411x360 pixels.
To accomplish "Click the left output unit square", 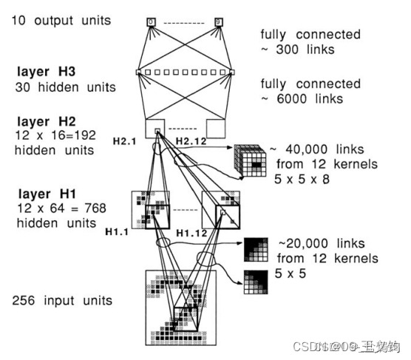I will [x=151, y=21].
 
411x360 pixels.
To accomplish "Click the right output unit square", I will [x=219, y=21].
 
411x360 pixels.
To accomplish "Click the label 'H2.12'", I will [x=191, y=139].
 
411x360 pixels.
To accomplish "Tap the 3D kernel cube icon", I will [x=249, y=158].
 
